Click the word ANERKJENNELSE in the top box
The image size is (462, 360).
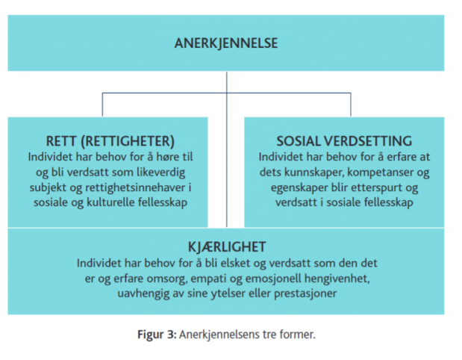tap(226, 43)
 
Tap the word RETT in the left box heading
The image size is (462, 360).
tap(61, 141)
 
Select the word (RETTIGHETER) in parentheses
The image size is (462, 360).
tap(128, 141)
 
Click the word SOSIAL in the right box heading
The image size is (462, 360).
tap(299, 141)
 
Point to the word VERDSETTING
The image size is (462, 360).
tap(368, 141)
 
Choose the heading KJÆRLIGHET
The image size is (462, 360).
tap(227, 246)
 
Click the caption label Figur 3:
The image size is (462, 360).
tap(157, 335)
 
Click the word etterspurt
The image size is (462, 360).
tap(378, 187)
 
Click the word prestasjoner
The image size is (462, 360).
tap(305, 294)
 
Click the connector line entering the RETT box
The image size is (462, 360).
tap(102, 105)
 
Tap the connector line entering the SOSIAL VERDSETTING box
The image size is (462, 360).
tap(351, 105)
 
